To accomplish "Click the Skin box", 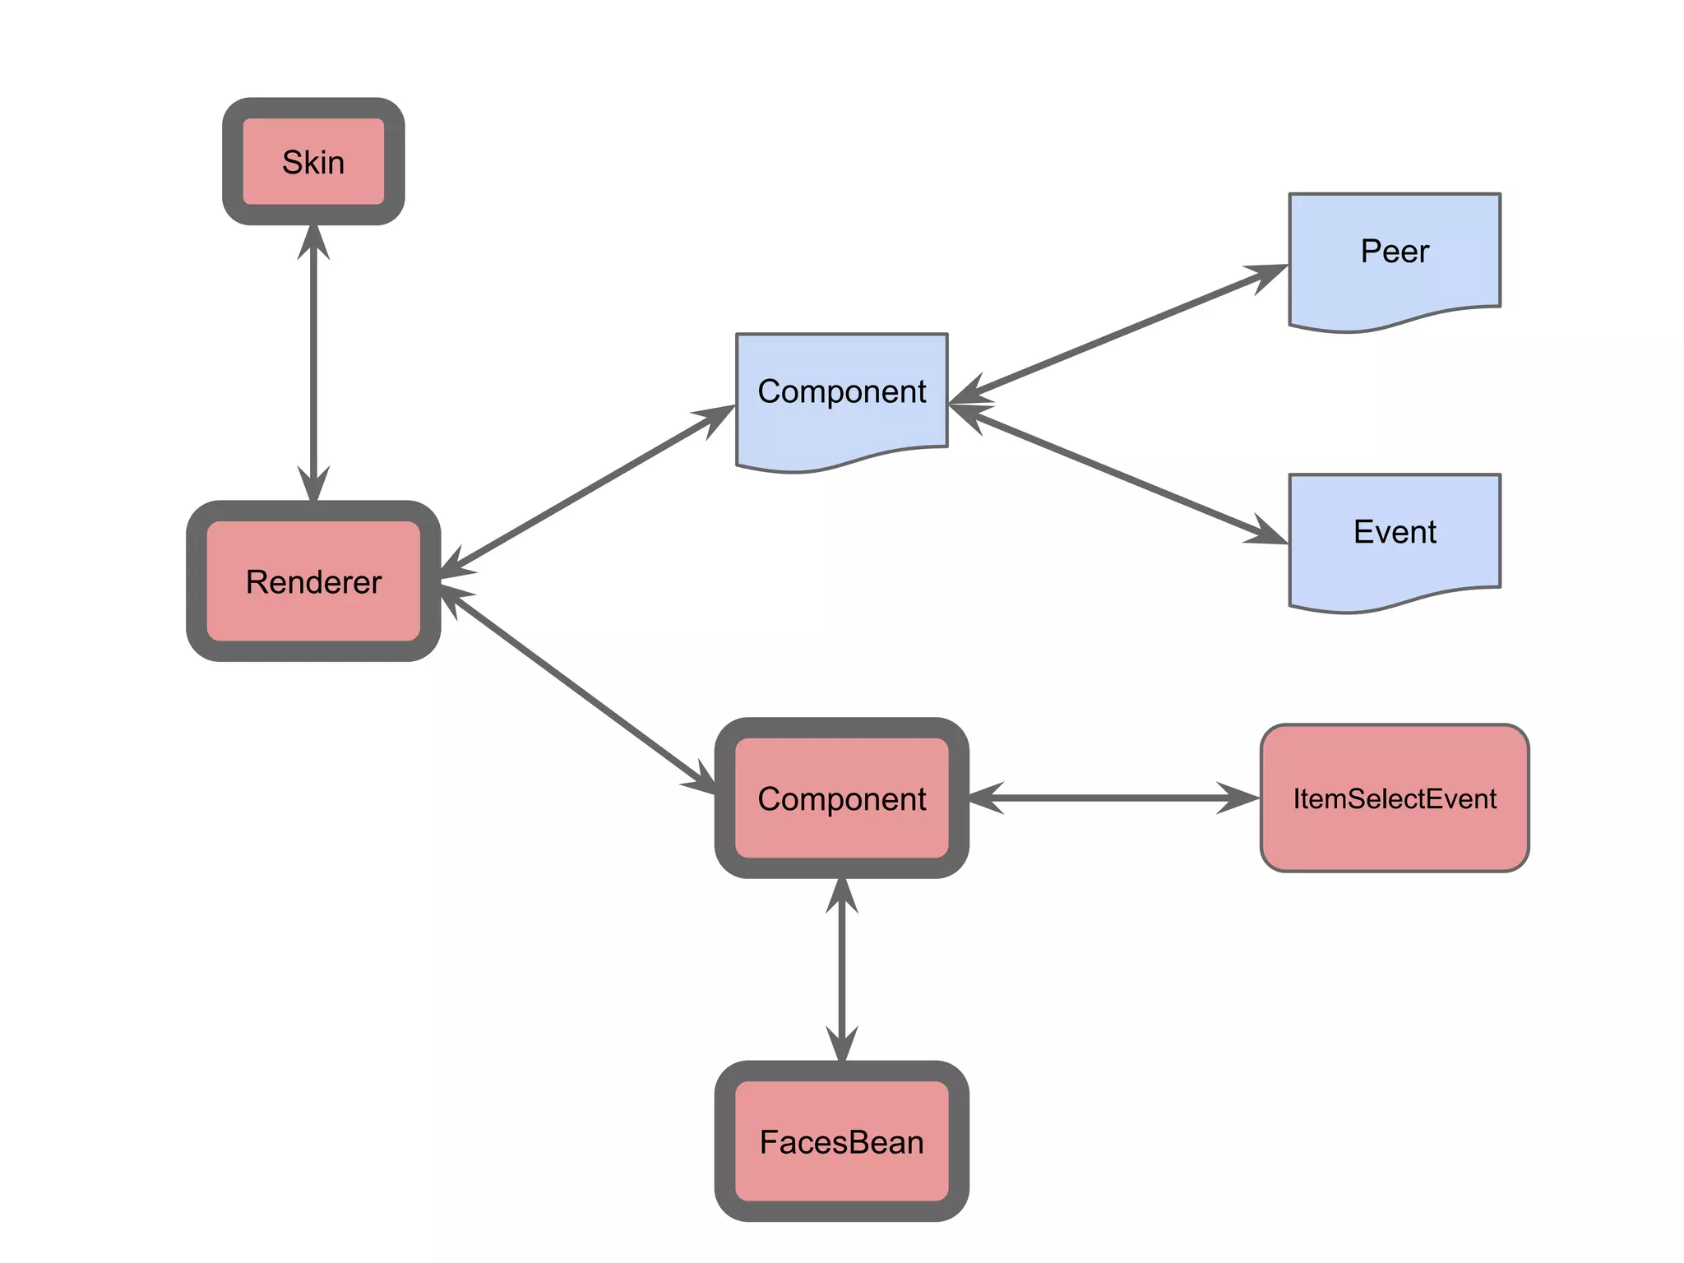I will (x=313, y=161).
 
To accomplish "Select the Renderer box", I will (x=313, y=581).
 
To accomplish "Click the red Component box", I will (x=841, y=798).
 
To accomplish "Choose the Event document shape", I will (x=1395, y=534).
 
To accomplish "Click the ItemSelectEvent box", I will (x=1395, y=798).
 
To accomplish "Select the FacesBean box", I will (x=841, y=1141).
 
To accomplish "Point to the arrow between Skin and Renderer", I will (x=313, y=362).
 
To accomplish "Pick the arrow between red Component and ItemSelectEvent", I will (x=1114, y=798).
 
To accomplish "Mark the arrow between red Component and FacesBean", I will (x=841, y=970).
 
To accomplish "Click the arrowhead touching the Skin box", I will (x=313, y=240).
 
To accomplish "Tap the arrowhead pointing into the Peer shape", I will (x=1267, y=275).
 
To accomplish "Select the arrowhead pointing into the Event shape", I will (x=1267, y=533).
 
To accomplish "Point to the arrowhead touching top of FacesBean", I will (x=841, y=1044).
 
